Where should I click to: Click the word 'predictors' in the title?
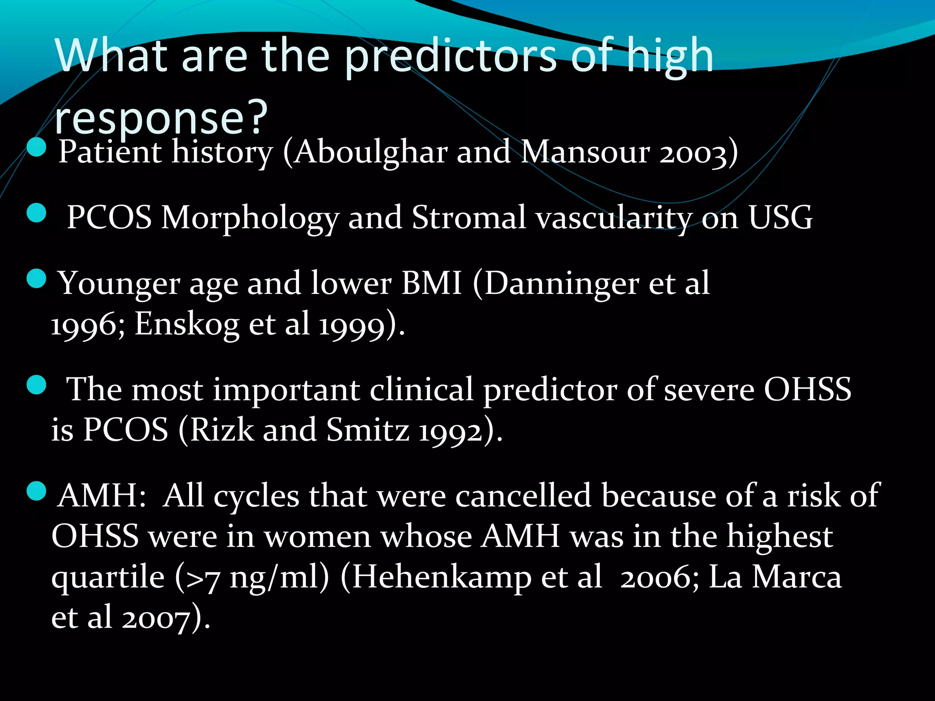(x=450, y=57)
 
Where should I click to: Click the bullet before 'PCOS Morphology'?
(x=37, y=213)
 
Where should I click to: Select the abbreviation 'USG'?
(x=780, y=218)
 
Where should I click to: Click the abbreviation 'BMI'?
(x=432, y=283)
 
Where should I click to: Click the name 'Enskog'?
(x=187, y=324)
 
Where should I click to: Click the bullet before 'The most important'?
(x=37, y=385)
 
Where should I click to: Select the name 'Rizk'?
(x=222, y=430)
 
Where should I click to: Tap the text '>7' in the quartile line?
(x=204, y=579)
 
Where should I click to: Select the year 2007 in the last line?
(x=156, y=618)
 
